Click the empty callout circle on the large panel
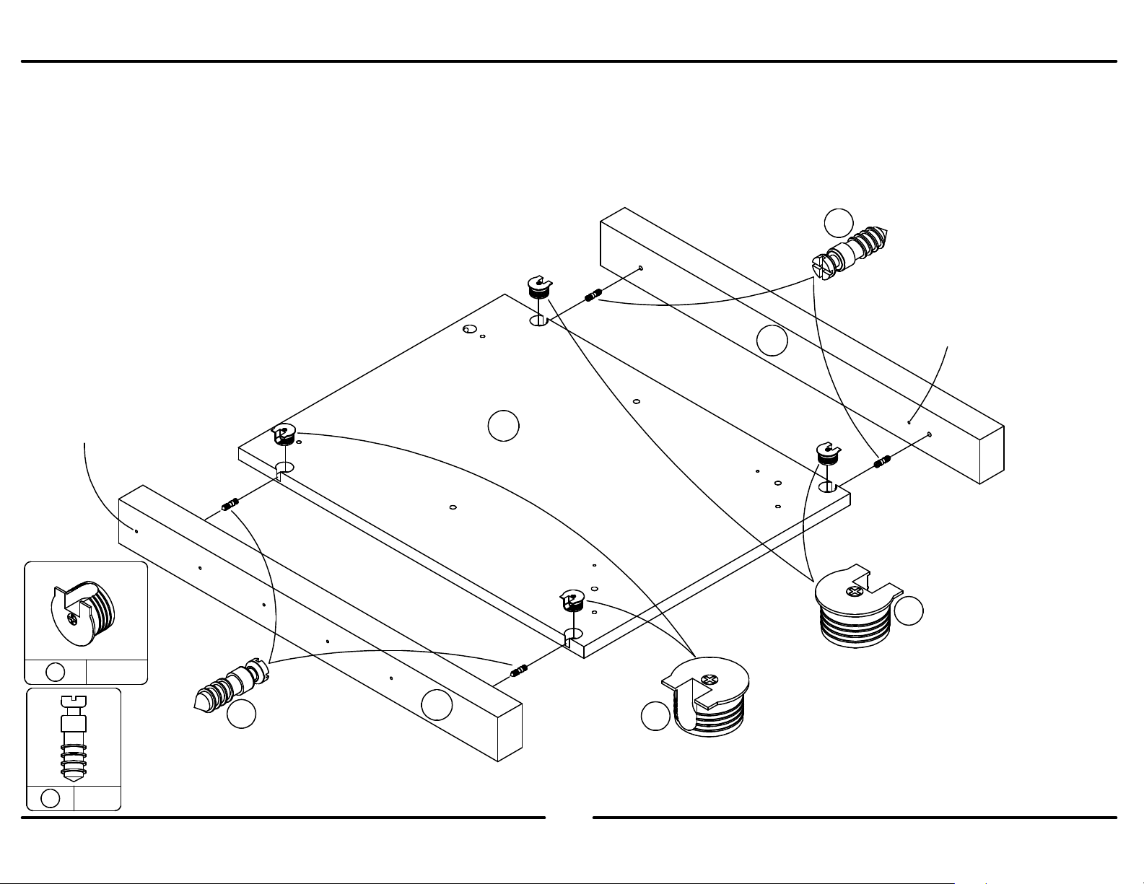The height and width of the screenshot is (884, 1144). click(503, 425)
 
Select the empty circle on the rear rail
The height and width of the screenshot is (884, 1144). click(772, 341)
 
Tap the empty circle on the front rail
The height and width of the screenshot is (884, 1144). click(437, 704)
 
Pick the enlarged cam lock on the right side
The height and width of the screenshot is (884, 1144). click(856, 607)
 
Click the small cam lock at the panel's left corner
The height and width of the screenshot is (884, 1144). click(283, 436)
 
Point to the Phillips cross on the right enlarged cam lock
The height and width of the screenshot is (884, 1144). click(857, 592)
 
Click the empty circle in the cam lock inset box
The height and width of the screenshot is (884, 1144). click(56, 672)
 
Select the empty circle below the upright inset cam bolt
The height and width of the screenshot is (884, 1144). click(51, 798)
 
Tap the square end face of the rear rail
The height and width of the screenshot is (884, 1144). click(991, 454)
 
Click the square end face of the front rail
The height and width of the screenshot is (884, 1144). click(510, 730)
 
